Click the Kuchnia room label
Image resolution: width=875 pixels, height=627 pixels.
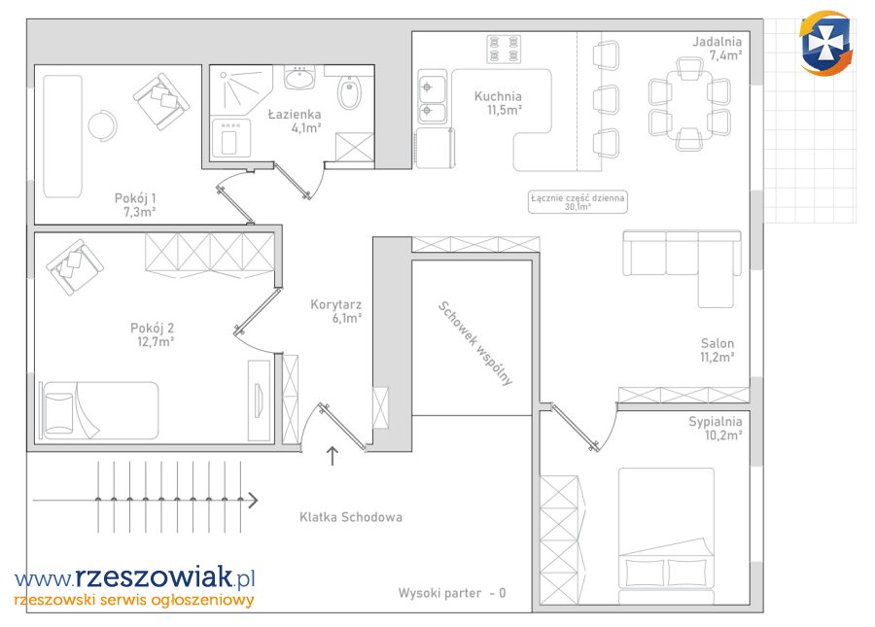coord(498,96)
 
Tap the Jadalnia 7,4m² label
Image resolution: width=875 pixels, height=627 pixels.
coord(717,48)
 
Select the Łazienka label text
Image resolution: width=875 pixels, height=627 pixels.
coord(294,115)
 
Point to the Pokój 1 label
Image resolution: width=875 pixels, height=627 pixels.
coord(135,198)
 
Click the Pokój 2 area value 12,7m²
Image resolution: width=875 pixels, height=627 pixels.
coord(156,341)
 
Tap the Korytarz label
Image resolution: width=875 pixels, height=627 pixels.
coord(336,304)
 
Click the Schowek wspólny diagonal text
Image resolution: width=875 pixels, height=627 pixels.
coord(474,343)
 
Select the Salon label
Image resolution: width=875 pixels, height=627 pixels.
coord(717,343)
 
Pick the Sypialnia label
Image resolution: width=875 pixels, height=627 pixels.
coord(715,422)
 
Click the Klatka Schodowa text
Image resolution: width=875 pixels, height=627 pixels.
coord(350,517)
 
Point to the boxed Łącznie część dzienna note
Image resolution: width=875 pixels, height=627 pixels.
coord(577,202)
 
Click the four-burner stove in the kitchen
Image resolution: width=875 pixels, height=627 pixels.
coord(504,49)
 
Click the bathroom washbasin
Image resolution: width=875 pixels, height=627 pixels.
coord(299,78)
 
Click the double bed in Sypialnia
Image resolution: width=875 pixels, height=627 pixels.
coord(666,536)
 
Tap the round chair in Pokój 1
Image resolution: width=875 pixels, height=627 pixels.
coord(103,125)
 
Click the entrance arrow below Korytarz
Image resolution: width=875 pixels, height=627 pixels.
coord(332,456)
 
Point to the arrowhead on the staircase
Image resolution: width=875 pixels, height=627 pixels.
coord(252,501)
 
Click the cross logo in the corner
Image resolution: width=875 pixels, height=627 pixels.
coord(825,44)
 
